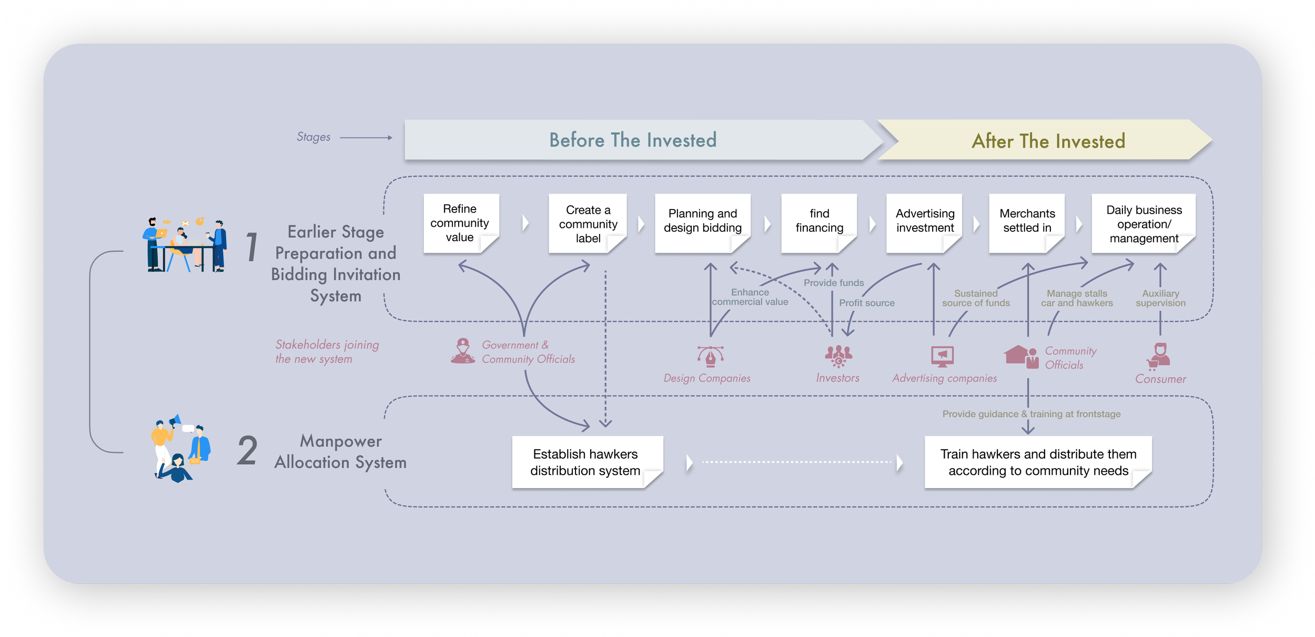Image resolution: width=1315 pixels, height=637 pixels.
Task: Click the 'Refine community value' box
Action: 460,223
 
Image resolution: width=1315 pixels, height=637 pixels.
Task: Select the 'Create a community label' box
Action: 588,224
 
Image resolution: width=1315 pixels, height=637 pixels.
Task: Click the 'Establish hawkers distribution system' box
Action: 585,462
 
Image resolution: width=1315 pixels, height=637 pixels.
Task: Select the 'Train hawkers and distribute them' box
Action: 1038,462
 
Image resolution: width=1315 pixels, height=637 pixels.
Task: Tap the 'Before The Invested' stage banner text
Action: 633,140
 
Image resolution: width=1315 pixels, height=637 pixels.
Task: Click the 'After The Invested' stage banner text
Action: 1048,141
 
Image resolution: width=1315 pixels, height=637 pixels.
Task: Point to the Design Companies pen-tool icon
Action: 710,356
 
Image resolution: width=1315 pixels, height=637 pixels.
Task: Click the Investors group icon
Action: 838,356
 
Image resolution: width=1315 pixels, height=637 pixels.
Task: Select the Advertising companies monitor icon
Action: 942,356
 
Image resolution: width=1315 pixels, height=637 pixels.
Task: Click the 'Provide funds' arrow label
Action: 833,283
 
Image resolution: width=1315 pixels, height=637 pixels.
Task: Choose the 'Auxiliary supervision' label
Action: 1160,298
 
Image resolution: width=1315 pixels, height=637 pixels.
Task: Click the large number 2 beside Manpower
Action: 247,451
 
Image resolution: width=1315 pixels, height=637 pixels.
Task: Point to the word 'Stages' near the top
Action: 313,137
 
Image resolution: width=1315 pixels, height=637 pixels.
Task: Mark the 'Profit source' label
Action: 866,303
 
